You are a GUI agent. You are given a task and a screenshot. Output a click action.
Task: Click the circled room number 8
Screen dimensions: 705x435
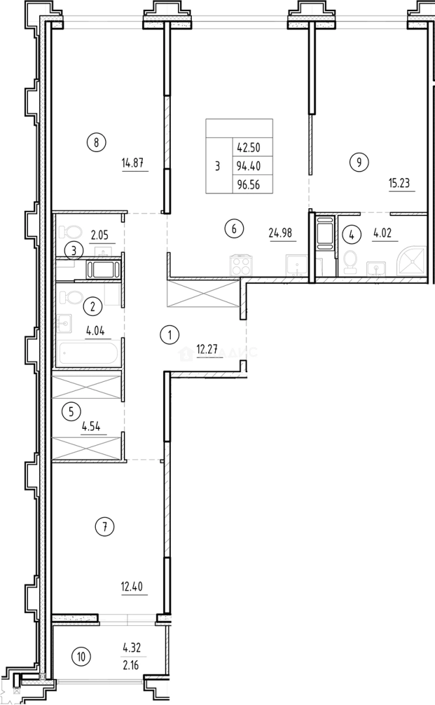pyautogui.click(x=96, y=142)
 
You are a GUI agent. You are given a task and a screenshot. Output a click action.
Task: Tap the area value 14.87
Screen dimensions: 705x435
pyautogui.click(x=133, y=164)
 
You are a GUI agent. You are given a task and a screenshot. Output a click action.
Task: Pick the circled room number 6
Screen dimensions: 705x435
pyautogui.click(x=235, y=229)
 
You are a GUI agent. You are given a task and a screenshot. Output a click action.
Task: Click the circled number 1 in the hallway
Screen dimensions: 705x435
pyautogui.click(x=169, y=336)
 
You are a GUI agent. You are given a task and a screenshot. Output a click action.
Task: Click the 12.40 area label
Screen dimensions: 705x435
pyautogui.click(x=131, y=584)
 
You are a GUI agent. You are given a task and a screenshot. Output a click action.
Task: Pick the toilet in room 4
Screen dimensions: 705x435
pyautogui.click(x=351, y=262)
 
